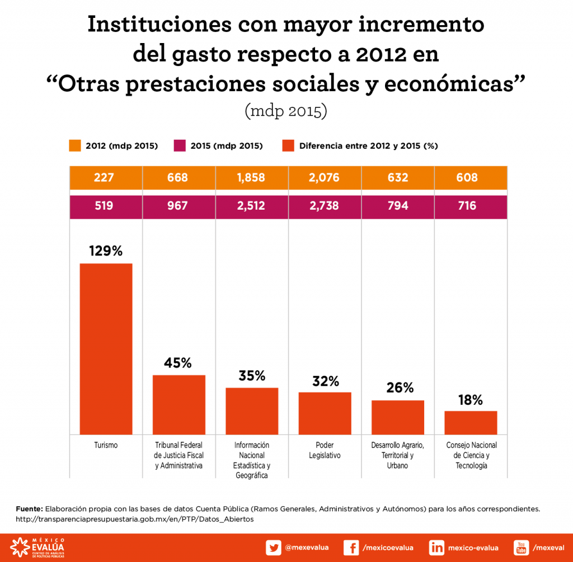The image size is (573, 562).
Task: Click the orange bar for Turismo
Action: click(x=106, y=348)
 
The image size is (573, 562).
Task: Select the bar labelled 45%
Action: click(x=179, y=404)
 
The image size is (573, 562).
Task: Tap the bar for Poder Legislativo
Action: click(x=325, y=413)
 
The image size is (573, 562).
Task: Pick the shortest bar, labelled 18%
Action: click(x=471, y=422)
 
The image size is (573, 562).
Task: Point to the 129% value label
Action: click(x=106, y=251)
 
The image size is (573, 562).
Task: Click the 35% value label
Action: click(x=252, y=375)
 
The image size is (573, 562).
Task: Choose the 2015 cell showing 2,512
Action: click(x=252, y=206)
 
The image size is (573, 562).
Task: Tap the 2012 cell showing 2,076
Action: click(x=325, y=178)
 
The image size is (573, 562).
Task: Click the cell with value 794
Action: click(x=398, y=206)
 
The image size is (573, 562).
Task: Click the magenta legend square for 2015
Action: click(x=180, y=146)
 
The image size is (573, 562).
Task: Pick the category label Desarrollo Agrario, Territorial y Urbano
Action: click(x=398, y=455)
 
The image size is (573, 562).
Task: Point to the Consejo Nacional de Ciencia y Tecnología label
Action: click(x=471, y=455)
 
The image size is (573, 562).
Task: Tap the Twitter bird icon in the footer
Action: click(x=274, y=547)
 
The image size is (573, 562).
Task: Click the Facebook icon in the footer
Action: click(x=351, y=547)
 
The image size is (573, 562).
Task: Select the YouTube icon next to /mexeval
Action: click(x=522, y=547)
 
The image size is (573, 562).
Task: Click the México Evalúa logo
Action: click(x=37, y=547)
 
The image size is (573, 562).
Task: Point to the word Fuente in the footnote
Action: click(x=29, y=509)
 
